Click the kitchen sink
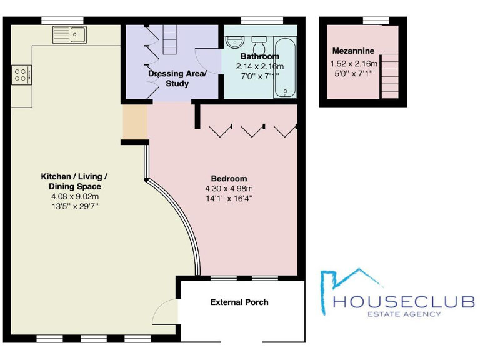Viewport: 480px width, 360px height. pos(71,34)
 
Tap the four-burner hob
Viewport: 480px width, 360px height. pos(20,75)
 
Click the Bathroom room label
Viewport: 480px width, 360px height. pos(259,56)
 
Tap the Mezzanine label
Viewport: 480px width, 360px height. pos(353,51)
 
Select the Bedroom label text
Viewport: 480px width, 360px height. pos(229,178)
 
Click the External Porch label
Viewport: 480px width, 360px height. pos(239,302)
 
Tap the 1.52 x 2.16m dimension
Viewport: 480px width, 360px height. pos(353,63)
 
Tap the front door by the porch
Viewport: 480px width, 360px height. pos(166,312)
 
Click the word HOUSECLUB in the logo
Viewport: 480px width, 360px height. pos(404,302)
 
